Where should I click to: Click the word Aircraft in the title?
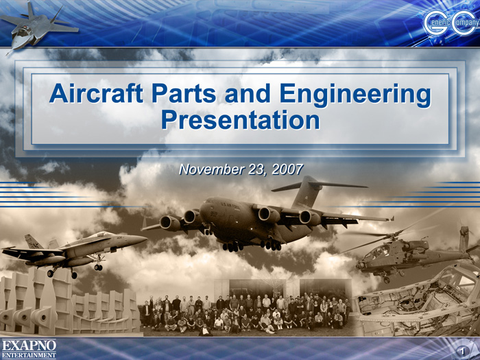pyautogui.click(x=96, y=93)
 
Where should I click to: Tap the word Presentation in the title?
pyautogui.click(x=241, y=120)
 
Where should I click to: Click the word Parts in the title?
pyautogui.click(x=184, y=93)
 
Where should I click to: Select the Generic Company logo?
pyautogui.click(x=451, y=23)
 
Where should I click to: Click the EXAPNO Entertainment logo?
pyautogui.click(x=29, y=348)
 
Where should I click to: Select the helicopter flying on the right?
pyautogui.click(x=410, y=251)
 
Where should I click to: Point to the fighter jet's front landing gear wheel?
pyautogui.click(x=98, y=267)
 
